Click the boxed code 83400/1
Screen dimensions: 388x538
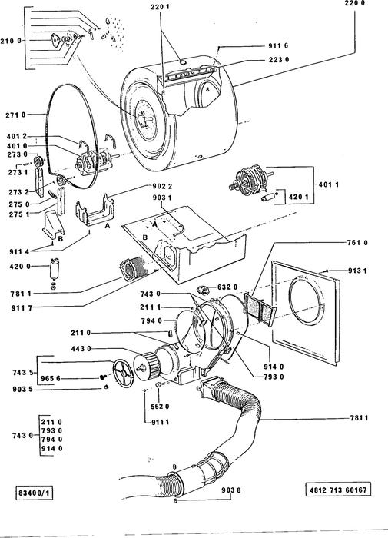point(34,493)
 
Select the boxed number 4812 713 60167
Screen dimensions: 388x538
point(338,490)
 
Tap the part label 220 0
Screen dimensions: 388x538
point(355,3)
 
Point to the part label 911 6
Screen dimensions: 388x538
point(278,45)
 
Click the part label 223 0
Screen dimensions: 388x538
point(279,60)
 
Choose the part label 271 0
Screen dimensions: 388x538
point(16,115)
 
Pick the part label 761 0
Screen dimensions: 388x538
point(357,243)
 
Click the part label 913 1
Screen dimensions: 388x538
point(357,271)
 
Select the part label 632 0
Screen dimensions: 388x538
point(227,287)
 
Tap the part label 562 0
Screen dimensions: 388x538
point(160,407)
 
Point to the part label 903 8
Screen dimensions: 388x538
point(230,490)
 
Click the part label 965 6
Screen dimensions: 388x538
point(51,378)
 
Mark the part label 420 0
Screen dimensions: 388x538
point(21,267)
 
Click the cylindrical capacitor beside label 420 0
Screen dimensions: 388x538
point(54,269)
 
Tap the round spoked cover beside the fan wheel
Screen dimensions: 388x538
point(123,373)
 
